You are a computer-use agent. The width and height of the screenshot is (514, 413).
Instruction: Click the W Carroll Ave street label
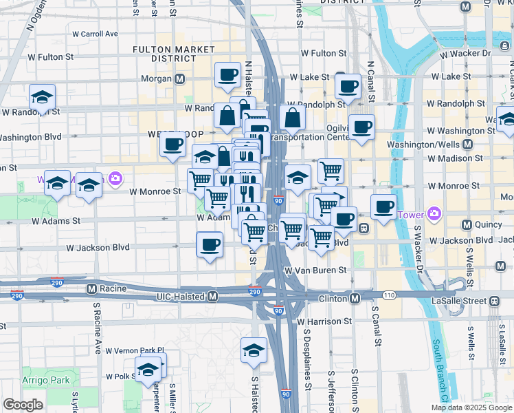[x=95, y=33]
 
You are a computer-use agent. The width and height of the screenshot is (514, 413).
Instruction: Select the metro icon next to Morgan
[x=180, y=78]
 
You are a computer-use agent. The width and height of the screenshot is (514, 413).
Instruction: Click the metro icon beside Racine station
[x=90, y=289]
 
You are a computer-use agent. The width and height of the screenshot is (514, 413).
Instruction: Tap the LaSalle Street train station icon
[x=494, y=301]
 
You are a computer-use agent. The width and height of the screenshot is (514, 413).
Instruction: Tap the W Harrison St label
[x=324, y=321]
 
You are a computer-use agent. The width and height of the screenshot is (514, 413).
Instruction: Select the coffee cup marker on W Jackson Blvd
[x=210, y=244]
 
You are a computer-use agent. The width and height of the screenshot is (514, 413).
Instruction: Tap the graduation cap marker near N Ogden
[x=42, y=97]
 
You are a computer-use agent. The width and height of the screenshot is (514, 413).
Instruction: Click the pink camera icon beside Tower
[x=434, y=214]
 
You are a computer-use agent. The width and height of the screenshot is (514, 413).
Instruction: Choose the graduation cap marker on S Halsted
[x=254, y=350]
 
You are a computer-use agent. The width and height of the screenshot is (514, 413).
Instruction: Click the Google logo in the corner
[x=23, y=404]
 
